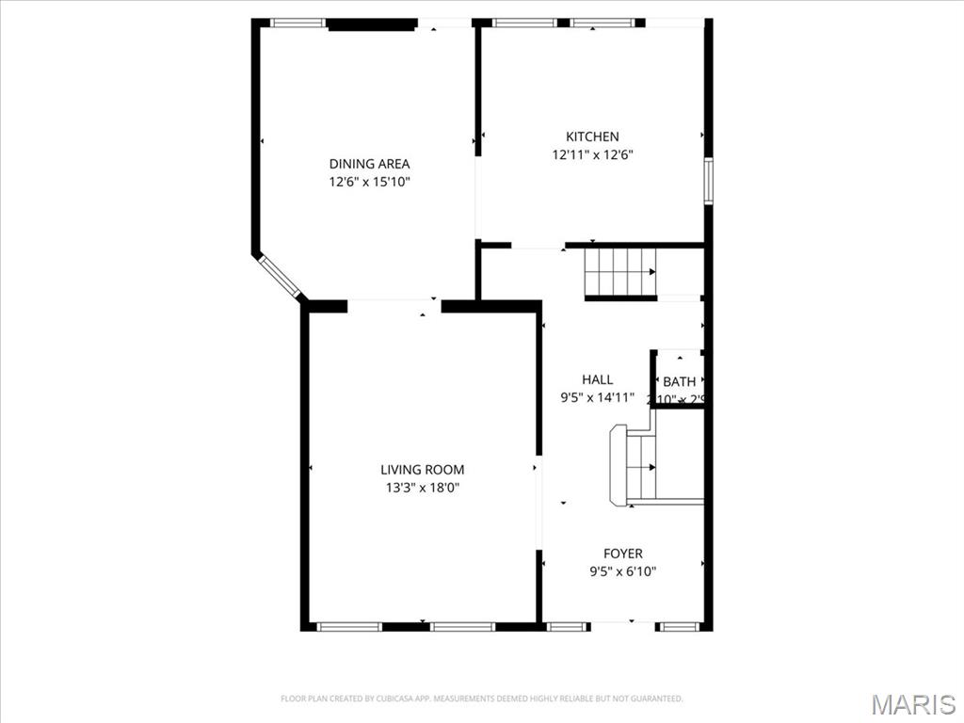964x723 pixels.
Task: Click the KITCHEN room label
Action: tap(592, 137)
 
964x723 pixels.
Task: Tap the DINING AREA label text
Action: tap(369, 164)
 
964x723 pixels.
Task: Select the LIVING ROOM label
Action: tap(422, 470)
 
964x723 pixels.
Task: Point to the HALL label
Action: tap(597, 379)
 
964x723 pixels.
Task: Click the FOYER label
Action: tap(623, 554)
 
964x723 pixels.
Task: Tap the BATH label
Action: tap(679, 381)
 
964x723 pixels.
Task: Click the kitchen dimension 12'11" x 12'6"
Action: tap(592, 155)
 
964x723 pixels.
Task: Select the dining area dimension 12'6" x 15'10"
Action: tap(369, 183)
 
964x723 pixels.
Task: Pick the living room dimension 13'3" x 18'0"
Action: tap(422, 488)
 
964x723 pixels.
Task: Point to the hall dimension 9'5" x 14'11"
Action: tap(597, 398)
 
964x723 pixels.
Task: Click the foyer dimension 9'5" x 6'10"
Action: tap(623, 571)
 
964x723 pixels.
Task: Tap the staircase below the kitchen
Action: tap(619, 272)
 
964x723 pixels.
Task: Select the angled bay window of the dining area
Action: tap(280, 275)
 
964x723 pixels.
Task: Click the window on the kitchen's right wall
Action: tap(708, 181)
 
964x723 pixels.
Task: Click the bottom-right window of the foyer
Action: tap(678, 626)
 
